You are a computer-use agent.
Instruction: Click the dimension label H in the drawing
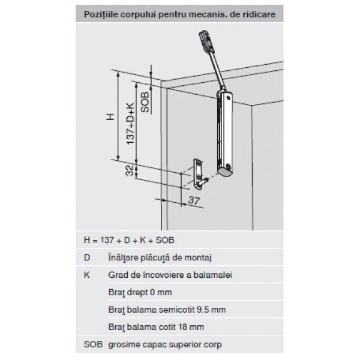[110, 117]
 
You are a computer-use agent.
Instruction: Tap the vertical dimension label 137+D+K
[130, 124]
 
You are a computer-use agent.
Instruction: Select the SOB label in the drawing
[145, 102]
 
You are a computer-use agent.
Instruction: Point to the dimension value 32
[130, 170]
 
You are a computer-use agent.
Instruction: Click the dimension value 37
[194, 200]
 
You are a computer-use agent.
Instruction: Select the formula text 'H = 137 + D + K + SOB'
[129, 240]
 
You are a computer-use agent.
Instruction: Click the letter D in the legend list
[87, 257]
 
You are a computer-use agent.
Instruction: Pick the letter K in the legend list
[87, 275]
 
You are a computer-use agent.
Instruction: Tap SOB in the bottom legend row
[93, 344]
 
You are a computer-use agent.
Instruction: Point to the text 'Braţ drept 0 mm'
[140, 293]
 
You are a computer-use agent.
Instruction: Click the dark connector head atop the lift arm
[206, 41]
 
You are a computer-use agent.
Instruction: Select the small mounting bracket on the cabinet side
[199, 174]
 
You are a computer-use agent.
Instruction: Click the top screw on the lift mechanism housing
[228, 98]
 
